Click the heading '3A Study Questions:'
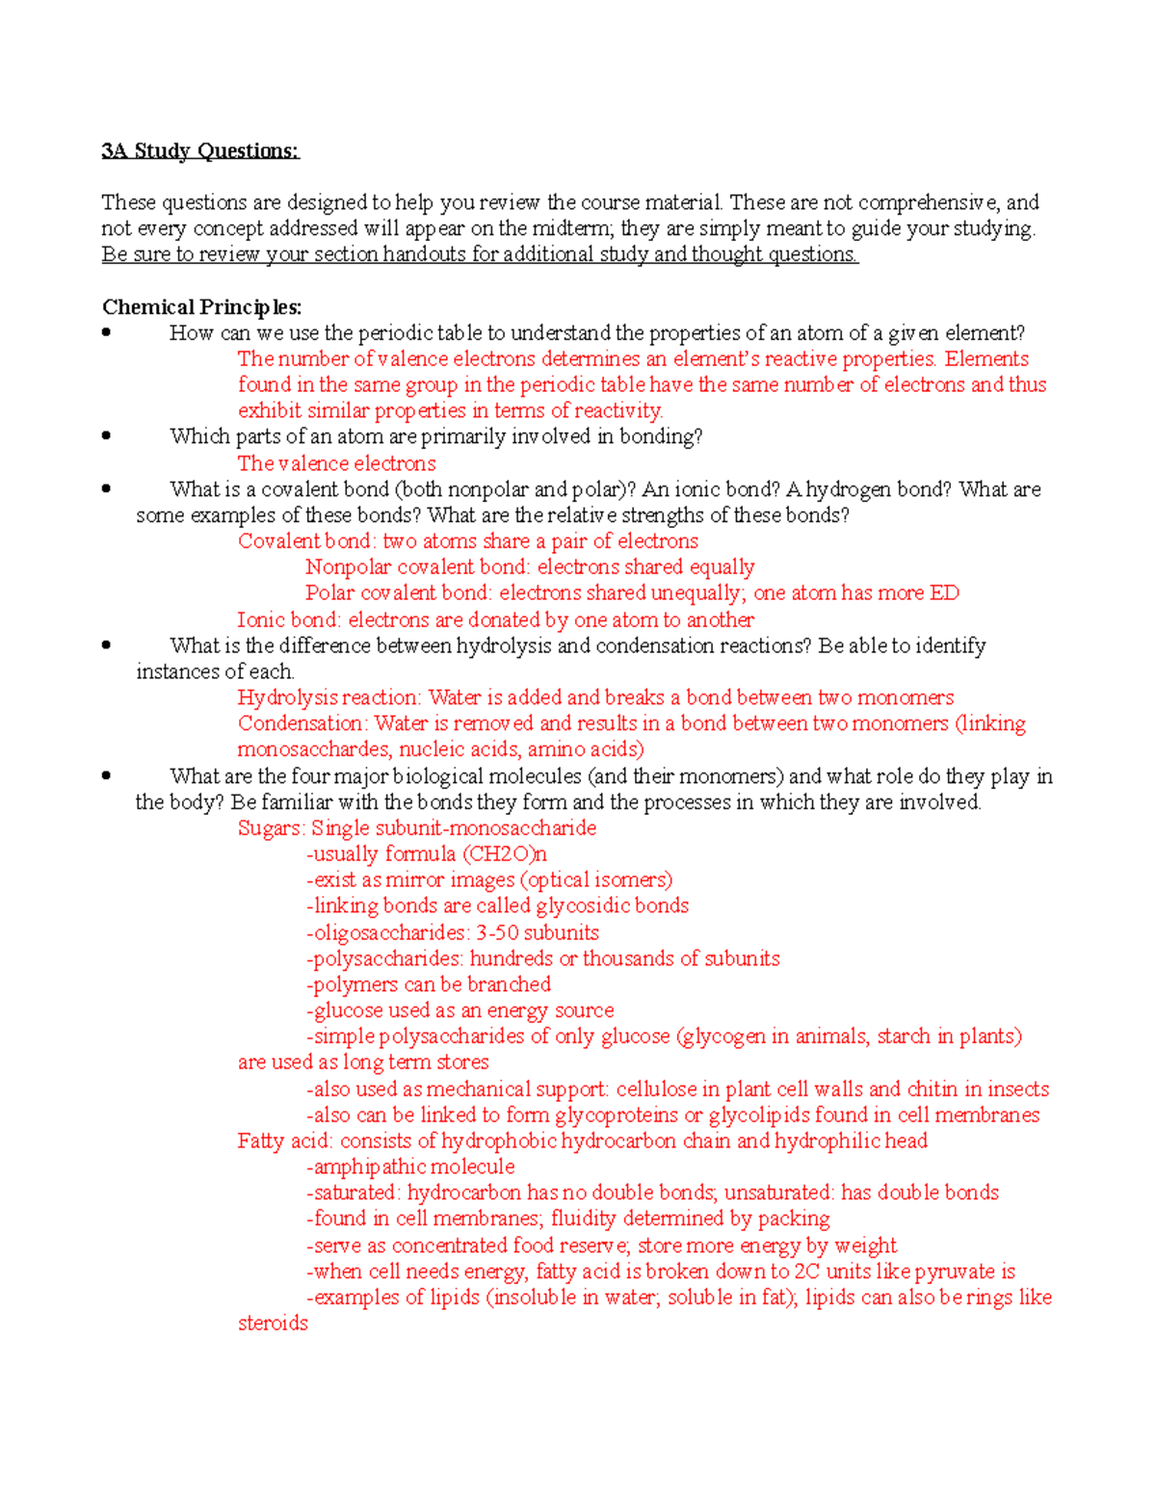[200, 151]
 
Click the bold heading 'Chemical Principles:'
[201, 307]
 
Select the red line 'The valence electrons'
[336, 463]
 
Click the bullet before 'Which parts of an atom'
[106, 436]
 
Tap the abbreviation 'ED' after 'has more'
[944, 593]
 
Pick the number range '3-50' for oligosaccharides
[497, 932]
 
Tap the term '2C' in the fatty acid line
[807, 1272]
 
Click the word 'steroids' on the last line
[273, 1324]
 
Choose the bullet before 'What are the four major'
[106, 775]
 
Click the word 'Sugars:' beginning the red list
[272, 828]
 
